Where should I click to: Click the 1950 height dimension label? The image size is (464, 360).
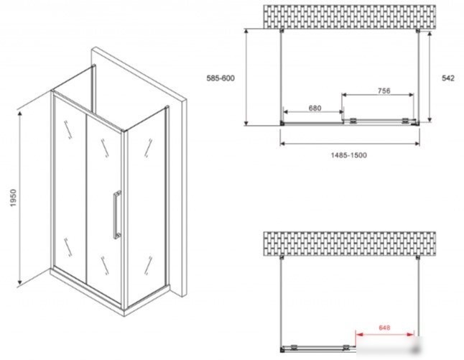pyautogui.click(x=14, y=198)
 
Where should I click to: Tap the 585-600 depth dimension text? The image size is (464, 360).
pyautogui.click(x=221, y=78)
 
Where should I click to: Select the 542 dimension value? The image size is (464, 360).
pyautogui.click(x=448, y=78)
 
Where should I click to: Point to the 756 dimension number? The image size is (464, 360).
pyautogui.click(x=384, y=91)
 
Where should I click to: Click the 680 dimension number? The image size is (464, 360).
pyautogui.click(x=315, y=108)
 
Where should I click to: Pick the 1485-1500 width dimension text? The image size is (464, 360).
pyautogui.click(x=349, y=154)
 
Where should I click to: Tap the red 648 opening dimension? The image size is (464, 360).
pyautogui.click(x=384, y=328)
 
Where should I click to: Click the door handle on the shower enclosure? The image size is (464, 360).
pyautogui.click(x=117, y=215)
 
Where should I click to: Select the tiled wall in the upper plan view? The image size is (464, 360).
pyautogui.click(x=350, y=17)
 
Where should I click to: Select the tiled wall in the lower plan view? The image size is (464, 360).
pyautogui.click(x=350, y=244)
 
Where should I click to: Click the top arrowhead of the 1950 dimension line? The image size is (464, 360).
pyautogui.click(x=20, y=114)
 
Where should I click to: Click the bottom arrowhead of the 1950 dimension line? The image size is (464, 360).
pyautogui.click(x=20, y=282)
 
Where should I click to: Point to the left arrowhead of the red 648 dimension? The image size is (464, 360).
pyautogui.click(x=359, y=335)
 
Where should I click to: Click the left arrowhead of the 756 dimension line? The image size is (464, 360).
pyautogui.click(x=345, y=95)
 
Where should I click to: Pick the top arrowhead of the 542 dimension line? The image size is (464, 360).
pyautogui.click(x=430, y=34)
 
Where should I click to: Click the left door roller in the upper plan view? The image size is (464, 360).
pyautogui.click(x=353, y=121)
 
